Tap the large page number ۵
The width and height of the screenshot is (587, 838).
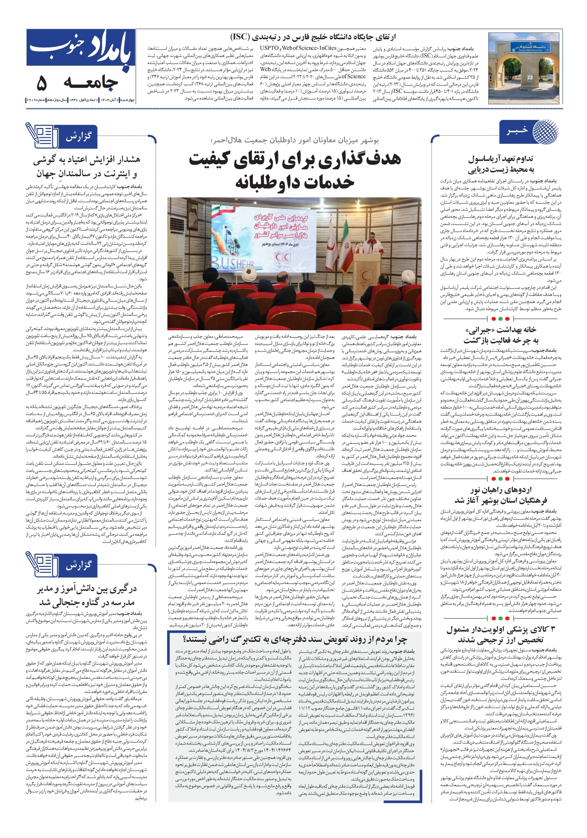tap(41, 84)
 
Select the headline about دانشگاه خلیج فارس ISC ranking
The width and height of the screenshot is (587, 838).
tap(313, 37)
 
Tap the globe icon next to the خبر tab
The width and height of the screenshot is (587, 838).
tap(545, 131)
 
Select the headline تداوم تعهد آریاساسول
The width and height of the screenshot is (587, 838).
tap(501, 164)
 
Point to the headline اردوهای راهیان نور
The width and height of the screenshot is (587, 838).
tap(501, 495)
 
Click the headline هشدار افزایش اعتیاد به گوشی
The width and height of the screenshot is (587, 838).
tap(86, 166)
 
